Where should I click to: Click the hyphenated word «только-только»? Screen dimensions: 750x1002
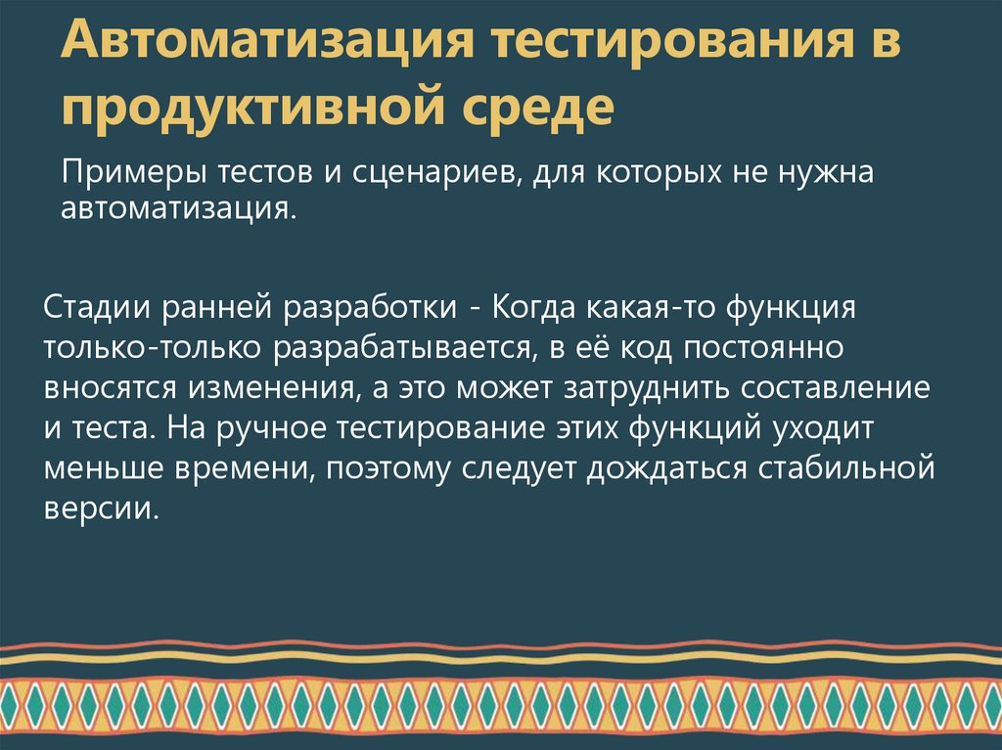point(153,347)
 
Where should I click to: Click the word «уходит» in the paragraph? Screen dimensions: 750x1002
point(840,428)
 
